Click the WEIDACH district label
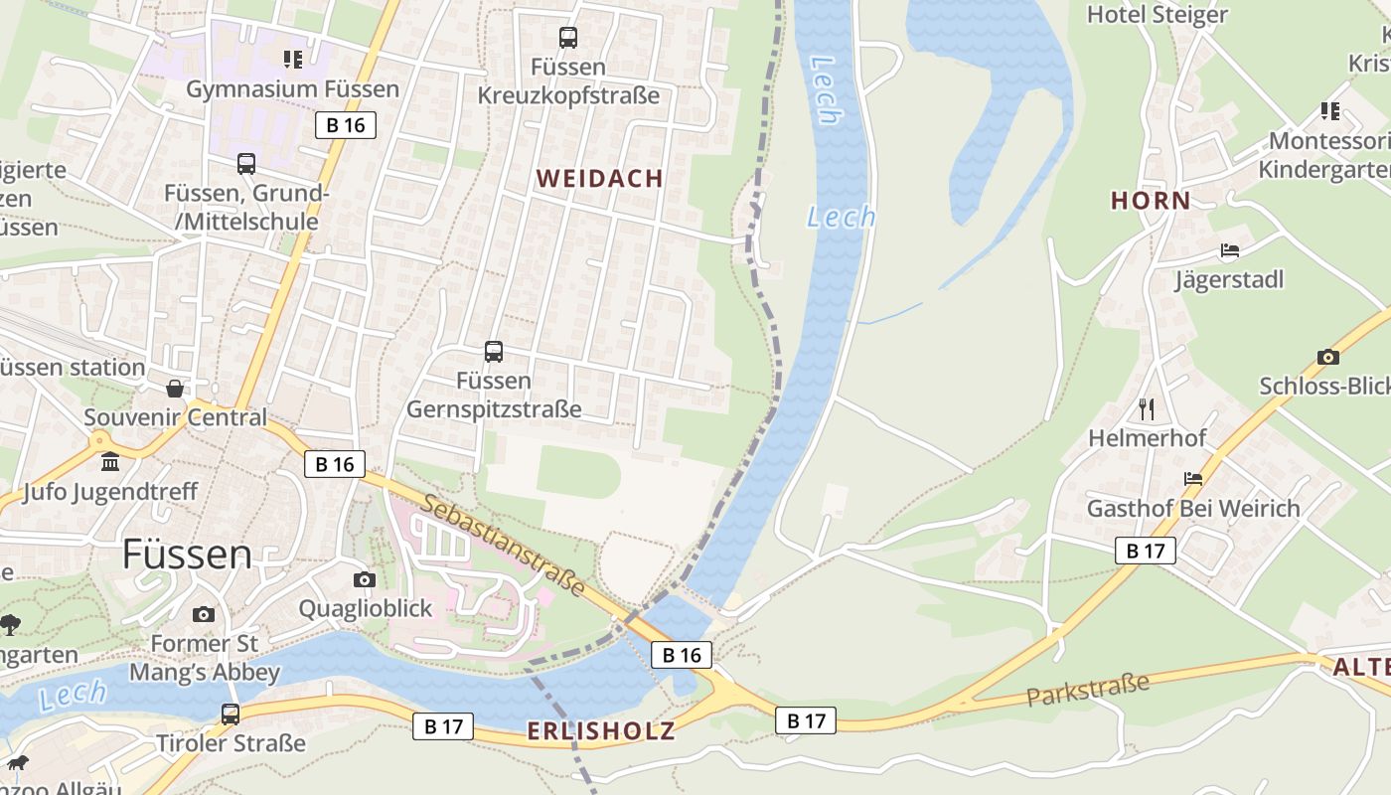click(x=599, y=179)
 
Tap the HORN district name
click(x=1151, y=201)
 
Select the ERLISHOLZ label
click(x=601, y=731)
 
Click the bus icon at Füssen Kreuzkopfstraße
click(x=568, y=38)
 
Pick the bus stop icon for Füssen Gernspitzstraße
click(x=494, y=351)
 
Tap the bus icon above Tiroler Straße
click(x=231, y=714)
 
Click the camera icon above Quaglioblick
click(x=365, y=579)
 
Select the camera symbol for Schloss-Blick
click(x=1327, y=357)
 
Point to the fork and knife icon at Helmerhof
click(x=1147, y=408)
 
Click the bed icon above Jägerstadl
click(x=1230, y=250)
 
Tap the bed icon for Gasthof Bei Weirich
click(x=1193, y=479)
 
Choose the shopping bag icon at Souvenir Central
click(x=175, y=388)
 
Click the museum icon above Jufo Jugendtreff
click(x=110, y=462)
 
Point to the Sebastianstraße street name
click(x=503, y=545)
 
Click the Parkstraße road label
click(x=1087, y=689)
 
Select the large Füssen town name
click(x=187, y=555)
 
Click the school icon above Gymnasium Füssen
click(x=292, y=60)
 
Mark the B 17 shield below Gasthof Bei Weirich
click(x=1145, y=551)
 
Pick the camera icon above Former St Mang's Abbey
click(x=204, y=615)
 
